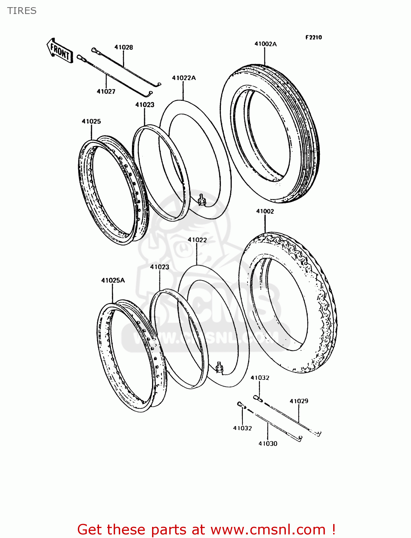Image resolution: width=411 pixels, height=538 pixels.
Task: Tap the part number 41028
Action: pyautogui.click(x=124, y=47)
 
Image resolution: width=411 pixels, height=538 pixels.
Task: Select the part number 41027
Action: pyautogui.click(x=106, y=91)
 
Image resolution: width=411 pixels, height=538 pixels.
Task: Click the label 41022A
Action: pyautogui.click(x=184, y=78)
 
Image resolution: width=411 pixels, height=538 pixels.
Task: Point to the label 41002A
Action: pyautogui.click(x=265, y=44)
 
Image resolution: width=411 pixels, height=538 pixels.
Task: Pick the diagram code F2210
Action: pyautogui.click(x=313, y=37)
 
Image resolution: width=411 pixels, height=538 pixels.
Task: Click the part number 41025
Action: pyautogui.click(x=91, y=121)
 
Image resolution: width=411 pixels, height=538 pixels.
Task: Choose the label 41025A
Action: pyautogui.click(x=113, y=280)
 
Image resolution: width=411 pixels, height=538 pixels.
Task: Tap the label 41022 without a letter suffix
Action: pyautogui.click(x=197, y=240)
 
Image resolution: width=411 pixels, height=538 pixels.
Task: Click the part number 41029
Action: pyautogui.click(x=299, y=401)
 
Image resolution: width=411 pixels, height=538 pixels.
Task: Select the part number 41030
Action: pyautogui.click(x=268, y=444)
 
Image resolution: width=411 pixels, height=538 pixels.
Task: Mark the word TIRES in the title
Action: pyautogui.click(x=22, y=11)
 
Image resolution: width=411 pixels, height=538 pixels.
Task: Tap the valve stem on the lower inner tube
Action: pyautogui.click(x=219, y=367)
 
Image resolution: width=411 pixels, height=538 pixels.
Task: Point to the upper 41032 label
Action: pyautogui.click(x=260, y=378)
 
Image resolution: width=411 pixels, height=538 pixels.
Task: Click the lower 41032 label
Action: pyautogui.click(x=242, y=428)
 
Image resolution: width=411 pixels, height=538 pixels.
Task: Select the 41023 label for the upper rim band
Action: pyautogui.click(x=145, y=105)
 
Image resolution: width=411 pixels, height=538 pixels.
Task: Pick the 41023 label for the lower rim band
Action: pyautogui.click(x=160, y=267)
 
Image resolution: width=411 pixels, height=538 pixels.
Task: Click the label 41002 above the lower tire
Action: pyautogui.click(x=265, y=211)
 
